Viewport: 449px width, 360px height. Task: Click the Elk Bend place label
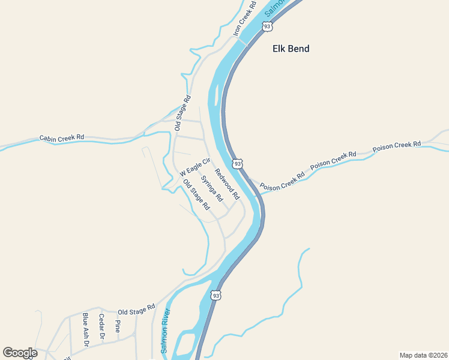pyautogui.click(x=291, y=49)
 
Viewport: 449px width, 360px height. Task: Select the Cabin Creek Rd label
pyautogui.click(x=62, y=138)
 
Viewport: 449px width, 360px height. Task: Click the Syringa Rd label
pyautogui.click(x=212, y=188)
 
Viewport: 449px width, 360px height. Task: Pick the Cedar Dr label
pyautogui.click(x=101, y=327)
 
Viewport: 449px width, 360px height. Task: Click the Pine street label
pyautogui.click(x=117, y=326)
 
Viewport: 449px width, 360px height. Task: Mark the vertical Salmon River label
pyautogui.click(x=166, y=330)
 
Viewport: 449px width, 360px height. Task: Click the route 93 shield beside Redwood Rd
pyautogui.click(x=238, y=163)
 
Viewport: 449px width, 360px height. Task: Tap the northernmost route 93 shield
pyautogui.click(x=267, y=26)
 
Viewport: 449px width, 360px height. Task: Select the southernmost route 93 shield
pyautogui.click(x=216, y=295)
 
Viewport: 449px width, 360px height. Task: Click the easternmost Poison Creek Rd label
pyautogui.click(x=397, y=145)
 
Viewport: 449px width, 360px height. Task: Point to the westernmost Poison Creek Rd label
pyautogui.click(x=282, y=181)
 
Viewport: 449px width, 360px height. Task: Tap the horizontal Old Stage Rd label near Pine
pyautogui.click(x=136, y=310)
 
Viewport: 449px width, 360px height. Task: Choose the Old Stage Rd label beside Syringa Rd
pyautogui.click(x=196, y=195)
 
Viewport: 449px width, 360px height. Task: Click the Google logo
pyautogui.click(x=20, y=353)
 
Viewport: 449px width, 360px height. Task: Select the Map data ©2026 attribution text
pyautogui.click(x=423, y=355)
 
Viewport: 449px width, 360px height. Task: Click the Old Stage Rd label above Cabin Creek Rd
pyautogui.click(x=182, y=113)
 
